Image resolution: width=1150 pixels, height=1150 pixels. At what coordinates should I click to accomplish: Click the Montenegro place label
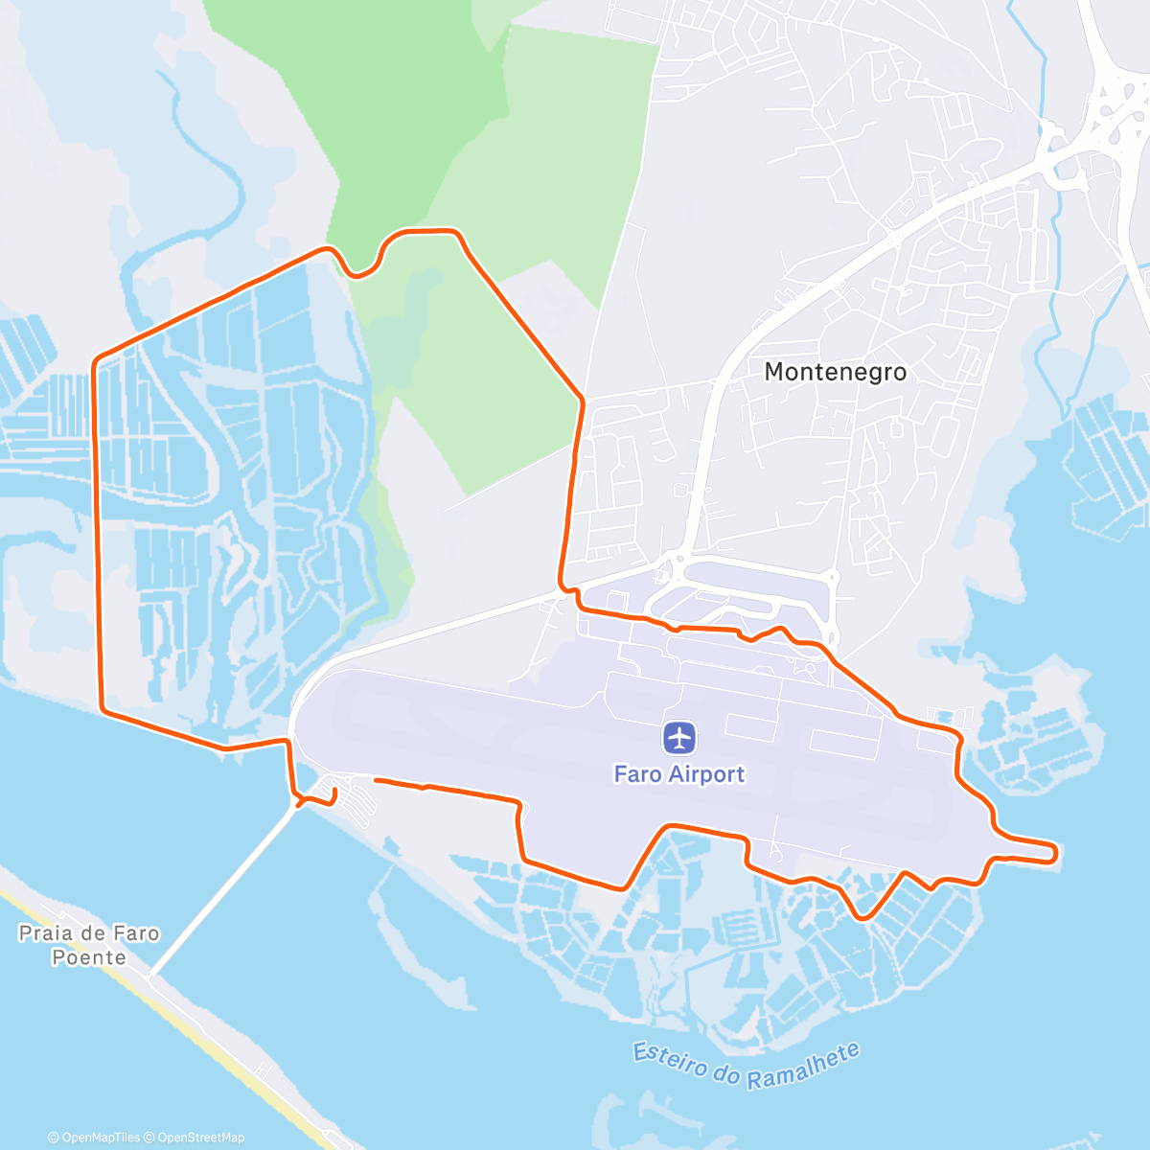tap(835, 372)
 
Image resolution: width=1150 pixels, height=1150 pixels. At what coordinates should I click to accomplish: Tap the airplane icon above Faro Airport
tap(679, 738)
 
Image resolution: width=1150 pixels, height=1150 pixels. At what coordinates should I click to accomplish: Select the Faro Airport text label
tap(679, 774)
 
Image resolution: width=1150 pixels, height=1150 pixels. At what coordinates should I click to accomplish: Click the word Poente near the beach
tap(89, 957)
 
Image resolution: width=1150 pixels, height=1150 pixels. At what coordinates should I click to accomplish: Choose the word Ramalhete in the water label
tap(803, 1066)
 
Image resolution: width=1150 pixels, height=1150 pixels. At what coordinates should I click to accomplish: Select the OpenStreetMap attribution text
tap(200, 1138)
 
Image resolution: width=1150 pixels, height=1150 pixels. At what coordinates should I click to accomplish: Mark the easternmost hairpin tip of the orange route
tap(1056, 852)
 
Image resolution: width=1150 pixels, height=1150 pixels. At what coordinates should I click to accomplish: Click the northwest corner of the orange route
tap(95, 362)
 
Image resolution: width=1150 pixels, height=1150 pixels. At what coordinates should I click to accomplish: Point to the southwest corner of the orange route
tap(102, 709)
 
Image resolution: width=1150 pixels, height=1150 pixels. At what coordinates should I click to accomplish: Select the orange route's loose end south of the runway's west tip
tap(375, 781)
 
